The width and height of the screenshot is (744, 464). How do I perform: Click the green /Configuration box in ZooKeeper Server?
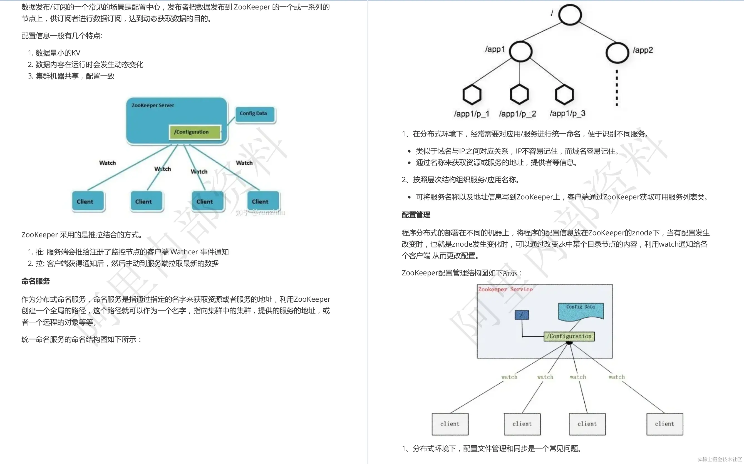point(195,132)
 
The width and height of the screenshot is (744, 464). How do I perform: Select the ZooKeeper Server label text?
point(153,106)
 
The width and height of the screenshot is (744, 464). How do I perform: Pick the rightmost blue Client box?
point(263,201)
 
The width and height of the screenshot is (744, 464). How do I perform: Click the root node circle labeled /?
point(570,15)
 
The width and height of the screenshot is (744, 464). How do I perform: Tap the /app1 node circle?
point(520,51)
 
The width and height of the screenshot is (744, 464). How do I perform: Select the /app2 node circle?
point(617,53)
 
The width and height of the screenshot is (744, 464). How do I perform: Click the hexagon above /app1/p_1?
point(472,95)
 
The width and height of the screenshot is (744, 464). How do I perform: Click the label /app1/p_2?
point(517,114)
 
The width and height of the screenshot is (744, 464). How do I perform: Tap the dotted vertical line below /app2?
point(617,88)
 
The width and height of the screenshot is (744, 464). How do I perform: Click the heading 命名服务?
point(36,281)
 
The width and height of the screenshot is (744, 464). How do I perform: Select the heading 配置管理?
point(416,215)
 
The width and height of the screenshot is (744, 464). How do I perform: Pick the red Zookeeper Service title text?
point(505,289)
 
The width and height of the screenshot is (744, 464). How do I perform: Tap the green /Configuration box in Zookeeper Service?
point(569,336)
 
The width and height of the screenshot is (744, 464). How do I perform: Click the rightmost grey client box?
point(664,424)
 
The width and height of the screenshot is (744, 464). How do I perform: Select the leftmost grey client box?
point(450,424)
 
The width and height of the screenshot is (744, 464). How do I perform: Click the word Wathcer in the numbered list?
point(184,252)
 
